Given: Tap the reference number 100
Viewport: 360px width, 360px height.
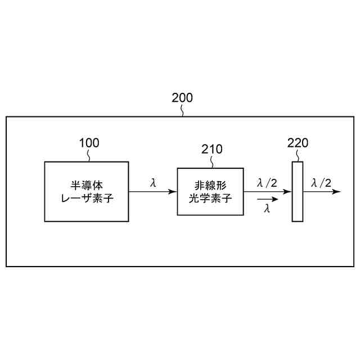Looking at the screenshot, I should pyautogui.click(x=89, y=143).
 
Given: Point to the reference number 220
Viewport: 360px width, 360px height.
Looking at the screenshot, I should pyautogui.click(x=298, y=143).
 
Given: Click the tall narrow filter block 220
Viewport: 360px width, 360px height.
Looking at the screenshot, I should pyautogui.click(x=298, y=191).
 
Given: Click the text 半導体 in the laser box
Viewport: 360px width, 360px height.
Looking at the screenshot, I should pyautogui.click(x=86, y=185).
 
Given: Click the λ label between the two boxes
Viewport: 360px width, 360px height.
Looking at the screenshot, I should pyautogui.click(x=153, y=183).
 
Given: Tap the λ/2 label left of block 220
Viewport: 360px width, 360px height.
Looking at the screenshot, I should pyautogui.click(x=267, y=182).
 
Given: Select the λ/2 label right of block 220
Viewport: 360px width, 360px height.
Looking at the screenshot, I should pyautogui.click(x=321, y=182).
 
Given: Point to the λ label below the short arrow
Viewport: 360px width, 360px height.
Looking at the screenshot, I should pyautogui.click(x=267, y=209).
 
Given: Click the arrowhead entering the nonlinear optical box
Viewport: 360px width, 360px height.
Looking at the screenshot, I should pyautogui.click(x=173, y=191).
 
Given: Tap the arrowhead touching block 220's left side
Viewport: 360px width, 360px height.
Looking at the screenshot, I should pyautogui.click(x=289, y=191).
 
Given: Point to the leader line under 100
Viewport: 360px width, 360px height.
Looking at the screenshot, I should pyautogui.click(x=89, y=156).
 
